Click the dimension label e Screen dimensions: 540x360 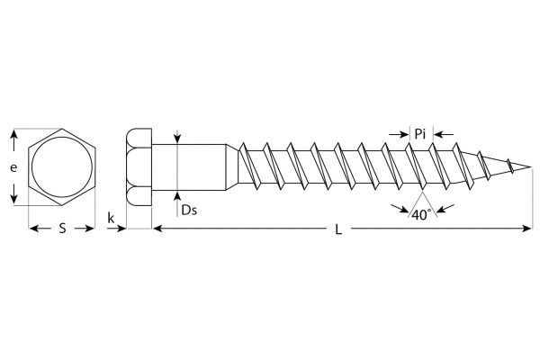pos(13,167)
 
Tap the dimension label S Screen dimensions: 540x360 pos(62,228)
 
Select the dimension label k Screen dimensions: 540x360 pos(111,218)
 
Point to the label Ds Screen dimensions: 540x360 pos(189,210)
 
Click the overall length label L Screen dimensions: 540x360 pos(338,229)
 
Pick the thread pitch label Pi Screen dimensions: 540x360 pos(419,134)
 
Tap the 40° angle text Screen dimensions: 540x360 pos(421,215)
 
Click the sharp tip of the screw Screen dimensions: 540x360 pos(531,167)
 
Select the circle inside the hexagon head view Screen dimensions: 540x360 pos(62,167)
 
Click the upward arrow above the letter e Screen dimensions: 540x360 pos(13,140)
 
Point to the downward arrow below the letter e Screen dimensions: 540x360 pos(13,193)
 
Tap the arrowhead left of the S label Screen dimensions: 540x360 pos(40,228)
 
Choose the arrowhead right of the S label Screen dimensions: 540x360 pos(85,228)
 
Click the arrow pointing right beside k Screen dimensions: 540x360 pos(116,228)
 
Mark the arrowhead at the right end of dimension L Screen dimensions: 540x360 pos(526,228)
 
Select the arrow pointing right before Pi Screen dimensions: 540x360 pos(399,134)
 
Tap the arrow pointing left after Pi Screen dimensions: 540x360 pos(444,134)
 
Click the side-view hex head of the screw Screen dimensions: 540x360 pos(139,167)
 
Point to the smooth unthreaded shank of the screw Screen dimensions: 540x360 pos(189,167)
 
